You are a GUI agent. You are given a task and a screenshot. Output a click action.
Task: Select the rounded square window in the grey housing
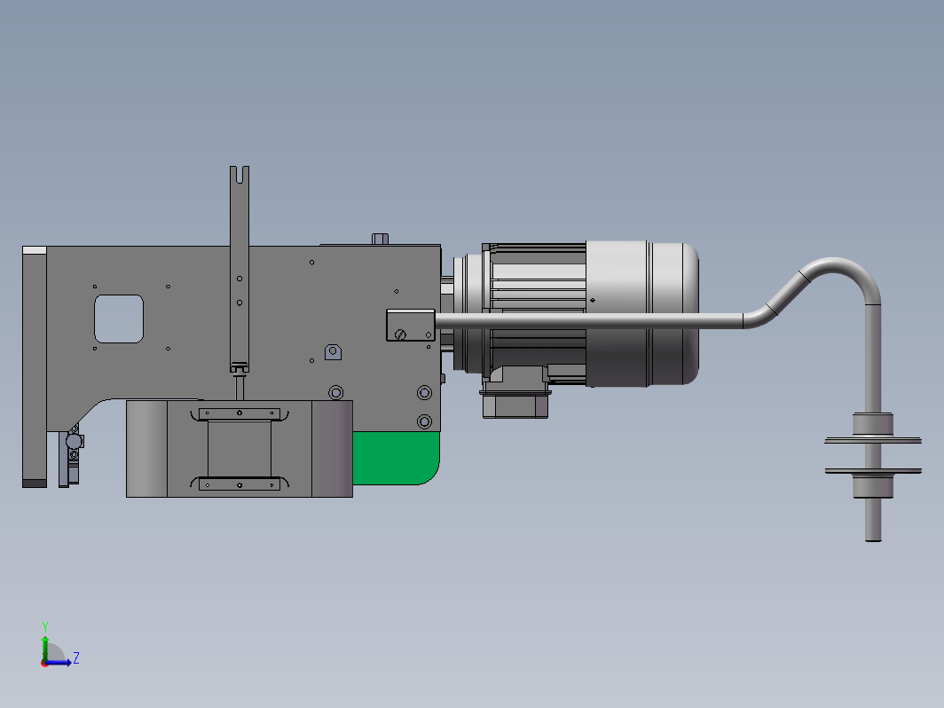click(119, 319)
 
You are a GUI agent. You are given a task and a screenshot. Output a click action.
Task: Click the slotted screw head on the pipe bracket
click(400, 334)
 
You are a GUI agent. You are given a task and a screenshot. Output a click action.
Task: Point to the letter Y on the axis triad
click(45, 627)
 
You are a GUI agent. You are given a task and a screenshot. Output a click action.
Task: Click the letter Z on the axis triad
click(76, 657)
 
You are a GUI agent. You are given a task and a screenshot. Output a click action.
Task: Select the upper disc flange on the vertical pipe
click(873, 441)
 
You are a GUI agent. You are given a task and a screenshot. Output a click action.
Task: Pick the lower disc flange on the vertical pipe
click(873, 471)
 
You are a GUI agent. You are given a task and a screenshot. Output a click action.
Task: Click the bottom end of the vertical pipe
click(873, 539)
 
